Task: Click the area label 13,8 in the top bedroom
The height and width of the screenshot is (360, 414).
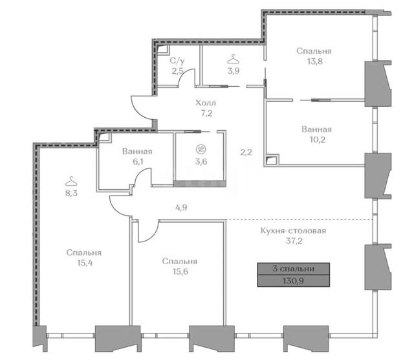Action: point(315,62)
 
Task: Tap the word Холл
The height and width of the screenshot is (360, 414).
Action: point(206,102)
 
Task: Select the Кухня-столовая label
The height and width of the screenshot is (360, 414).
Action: point(293,231)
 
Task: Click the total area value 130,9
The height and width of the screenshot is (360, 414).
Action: point(293,280)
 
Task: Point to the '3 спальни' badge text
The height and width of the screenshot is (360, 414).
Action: point(293,269)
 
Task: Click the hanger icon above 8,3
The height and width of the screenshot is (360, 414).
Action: point(71,181)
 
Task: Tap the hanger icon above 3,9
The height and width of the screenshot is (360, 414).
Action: point(234,59)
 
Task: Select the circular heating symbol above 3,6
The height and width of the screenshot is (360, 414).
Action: point(201,150)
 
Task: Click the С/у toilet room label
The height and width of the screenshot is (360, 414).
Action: point(177,61)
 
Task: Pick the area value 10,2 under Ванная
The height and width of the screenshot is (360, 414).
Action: point(318,139)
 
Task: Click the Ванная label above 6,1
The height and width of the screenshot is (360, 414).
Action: point(137,152)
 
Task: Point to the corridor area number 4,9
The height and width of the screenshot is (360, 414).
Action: point(181,207)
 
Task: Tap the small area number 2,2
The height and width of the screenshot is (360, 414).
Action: point(246,152)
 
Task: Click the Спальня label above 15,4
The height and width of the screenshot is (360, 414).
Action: point(84,253)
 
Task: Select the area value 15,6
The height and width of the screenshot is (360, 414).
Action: point(180,271)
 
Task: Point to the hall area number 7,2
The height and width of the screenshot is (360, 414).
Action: point(206,113)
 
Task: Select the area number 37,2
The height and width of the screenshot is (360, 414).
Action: point(294,241)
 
